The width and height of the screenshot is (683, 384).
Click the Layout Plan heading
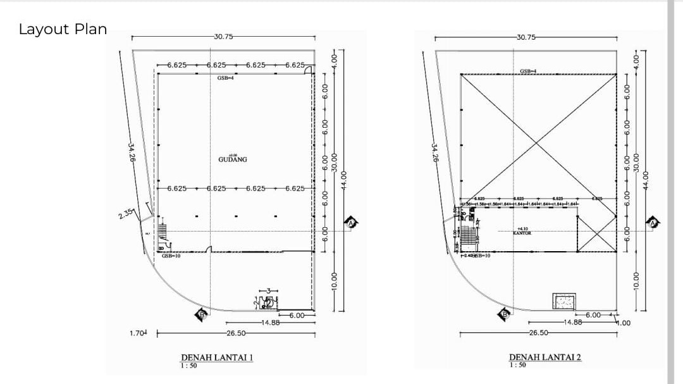pyautogui.click(x=63, y=29)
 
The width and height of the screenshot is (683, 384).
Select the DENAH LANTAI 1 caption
pyautogui.click(x=217, y=357)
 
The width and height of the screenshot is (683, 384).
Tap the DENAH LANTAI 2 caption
pyautogui.click(x=545, y=357)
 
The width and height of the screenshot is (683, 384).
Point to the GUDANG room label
pyautogui.click(x=233, y=159)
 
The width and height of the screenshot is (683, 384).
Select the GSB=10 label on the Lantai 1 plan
pyautogui.click(x=171, y=256)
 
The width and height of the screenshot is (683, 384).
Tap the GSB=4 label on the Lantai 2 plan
pyautogui.click(x=529, y=71)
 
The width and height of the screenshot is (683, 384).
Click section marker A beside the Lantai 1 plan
pyautogui.click(x=352, y=222)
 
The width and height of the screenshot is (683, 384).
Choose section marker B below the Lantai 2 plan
pyautogui.click(x=505, y=313)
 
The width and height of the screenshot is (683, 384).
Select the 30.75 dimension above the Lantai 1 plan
pyautogui.click(x=223, y=37)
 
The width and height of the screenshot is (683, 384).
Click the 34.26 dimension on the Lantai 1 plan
pyautogui.click(x=132, y=152)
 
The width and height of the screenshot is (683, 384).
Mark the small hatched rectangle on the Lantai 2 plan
pyautogui.click(x=563, y=301)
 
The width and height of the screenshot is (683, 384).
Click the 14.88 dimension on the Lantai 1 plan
pyautogui.click(x=271, y=323)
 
